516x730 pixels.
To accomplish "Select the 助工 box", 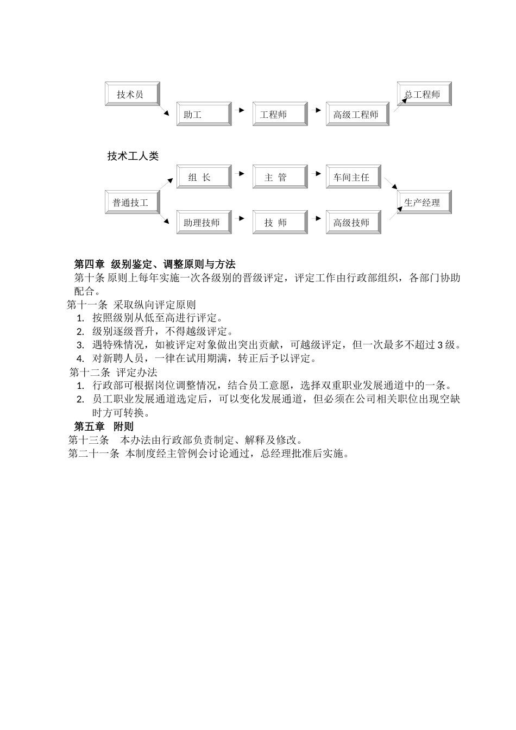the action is click(204, 114).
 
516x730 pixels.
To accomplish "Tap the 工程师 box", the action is click(280, 114).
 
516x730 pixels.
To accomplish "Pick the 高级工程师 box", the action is click(357, 114).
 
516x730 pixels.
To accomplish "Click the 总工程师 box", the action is click(424, 94).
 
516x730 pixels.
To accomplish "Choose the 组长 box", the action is click(204, 177).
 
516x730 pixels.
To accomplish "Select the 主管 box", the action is click(280, 177).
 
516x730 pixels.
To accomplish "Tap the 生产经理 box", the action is click(424, 203).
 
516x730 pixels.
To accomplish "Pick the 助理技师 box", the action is click(204, 223).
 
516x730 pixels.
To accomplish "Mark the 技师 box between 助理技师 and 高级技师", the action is click(280, 223).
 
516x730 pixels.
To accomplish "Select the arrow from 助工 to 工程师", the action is click(240, 110).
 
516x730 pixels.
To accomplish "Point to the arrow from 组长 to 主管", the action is click(240, 173).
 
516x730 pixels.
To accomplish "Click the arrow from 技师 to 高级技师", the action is click(316, 218).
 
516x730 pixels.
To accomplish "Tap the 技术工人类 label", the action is click(133, 156).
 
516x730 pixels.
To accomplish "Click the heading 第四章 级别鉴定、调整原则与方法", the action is click(155, 265).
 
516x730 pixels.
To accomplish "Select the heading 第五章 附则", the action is click(104, 426).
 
